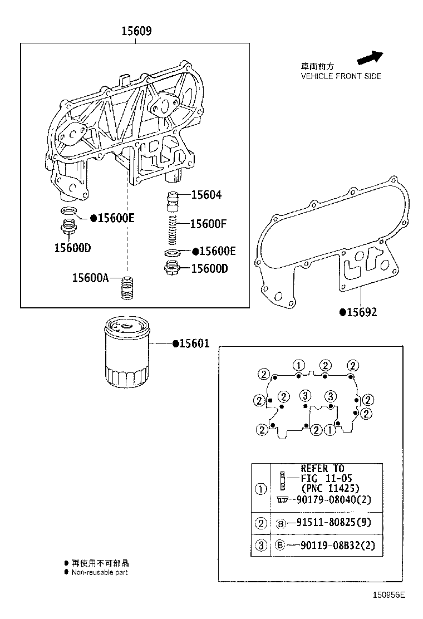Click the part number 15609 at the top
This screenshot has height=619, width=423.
click(136, 32)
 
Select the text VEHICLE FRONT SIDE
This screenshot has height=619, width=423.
click(341, 76)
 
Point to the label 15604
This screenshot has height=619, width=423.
click(206, 195)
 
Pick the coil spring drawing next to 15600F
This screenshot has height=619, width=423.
click(173, 228)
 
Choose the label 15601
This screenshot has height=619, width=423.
click(194, 344)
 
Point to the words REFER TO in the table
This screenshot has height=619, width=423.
click(322, 468)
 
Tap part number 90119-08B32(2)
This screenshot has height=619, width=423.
click(333, 546)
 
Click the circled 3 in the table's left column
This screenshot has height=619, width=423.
click(260, 546)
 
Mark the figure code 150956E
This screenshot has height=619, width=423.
click(389, 595)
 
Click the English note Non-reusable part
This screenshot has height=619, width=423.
click(100, 572)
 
